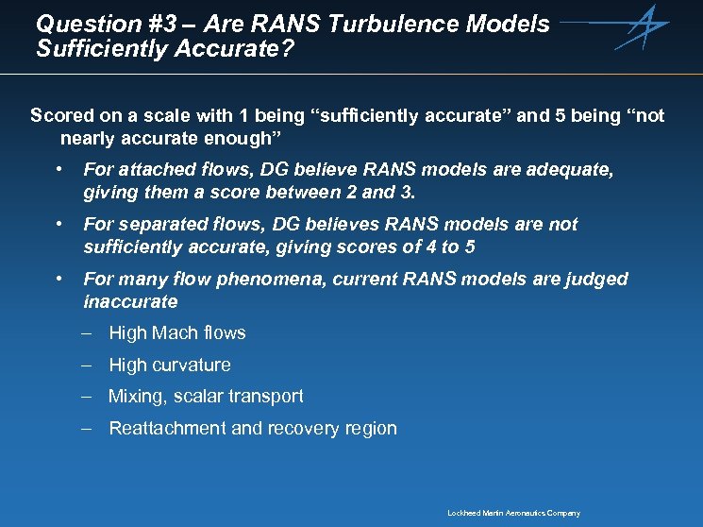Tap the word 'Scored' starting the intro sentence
coord(62,116)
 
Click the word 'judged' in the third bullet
coord(598,279)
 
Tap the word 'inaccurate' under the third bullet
coord(130,301)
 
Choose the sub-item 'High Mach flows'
coord(176,332)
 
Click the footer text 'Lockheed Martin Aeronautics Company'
coord(513,513)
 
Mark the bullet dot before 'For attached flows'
coord(59,170)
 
